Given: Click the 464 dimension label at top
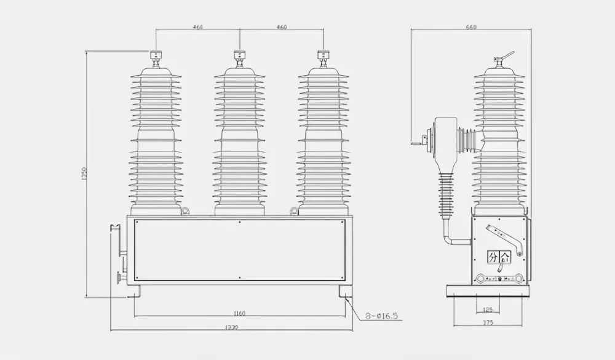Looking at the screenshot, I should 197,27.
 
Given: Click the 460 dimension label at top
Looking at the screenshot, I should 282,27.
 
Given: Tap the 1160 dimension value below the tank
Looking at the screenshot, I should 240,313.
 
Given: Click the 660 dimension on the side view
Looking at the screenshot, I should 472,27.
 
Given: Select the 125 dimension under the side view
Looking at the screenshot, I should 488,310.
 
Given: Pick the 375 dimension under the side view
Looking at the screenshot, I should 488,322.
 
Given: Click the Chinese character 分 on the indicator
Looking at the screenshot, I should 493,257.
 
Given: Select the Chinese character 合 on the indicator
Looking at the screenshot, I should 506,257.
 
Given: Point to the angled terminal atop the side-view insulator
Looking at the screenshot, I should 502,57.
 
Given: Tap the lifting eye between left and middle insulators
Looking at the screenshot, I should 186,212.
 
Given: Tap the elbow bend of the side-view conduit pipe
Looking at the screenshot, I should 448,237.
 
